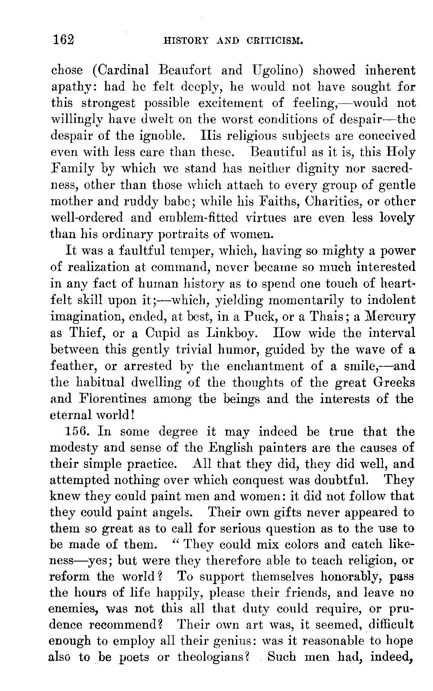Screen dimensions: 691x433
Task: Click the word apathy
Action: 73,87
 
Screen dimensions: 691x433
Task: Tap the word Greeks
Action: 391,382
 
